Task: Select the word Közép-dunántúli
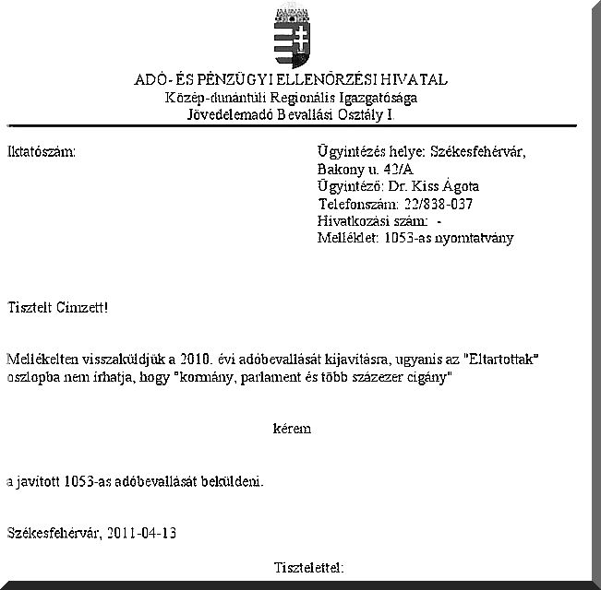tap(210, 98)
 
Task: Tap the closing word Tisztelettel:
tap(309, 566)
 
